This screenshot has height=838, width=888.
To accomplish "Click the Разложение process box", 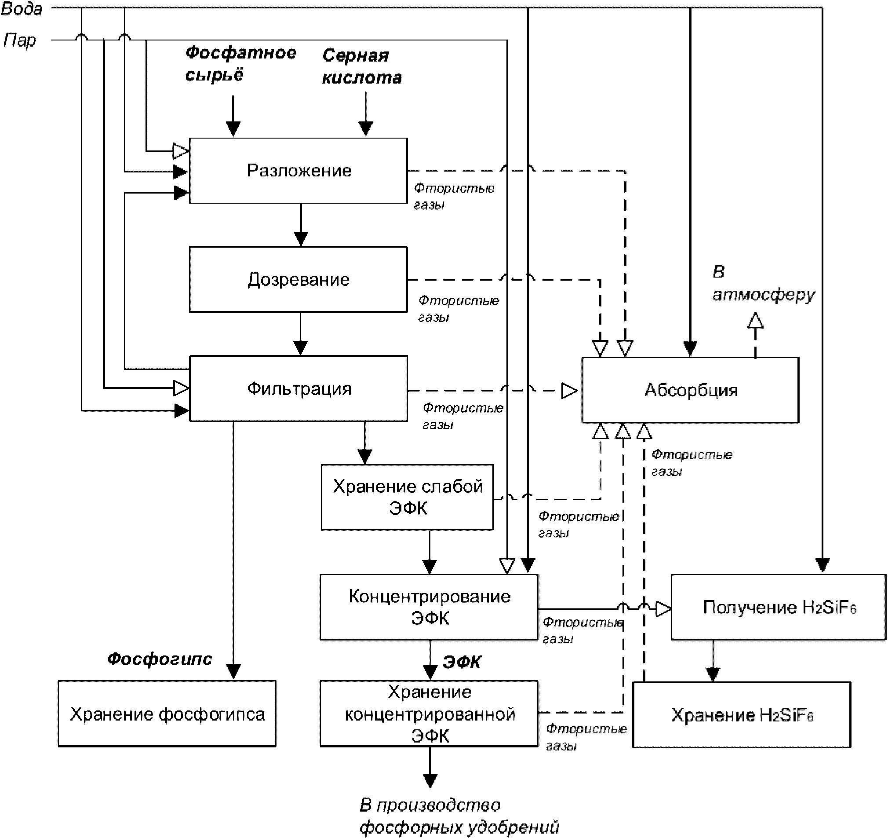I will click(x=298, y=170).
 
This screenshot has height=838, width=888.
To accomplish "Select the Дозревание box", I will click(x=298, y=279).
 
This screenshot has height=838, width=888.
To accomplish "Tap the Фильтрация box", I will click(x=298, y=388).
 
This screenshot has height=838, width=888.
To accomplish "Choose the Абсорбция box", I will click(x=690, y=390).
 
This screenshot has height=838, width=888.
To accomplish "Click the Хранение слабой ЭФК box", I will click(x=407, y=497).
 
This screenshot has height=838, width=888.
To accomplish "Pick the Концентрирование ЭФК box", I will click(x=429, y=607).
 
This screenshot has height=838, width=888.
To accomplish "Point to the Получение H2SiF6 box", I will click(x=779, y=607).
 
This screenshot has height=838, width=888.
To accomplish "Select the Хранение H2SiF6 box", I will click(x=742, y=715).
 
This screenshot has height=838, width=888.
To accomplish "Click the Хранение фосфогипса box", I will click(x=167, y=714).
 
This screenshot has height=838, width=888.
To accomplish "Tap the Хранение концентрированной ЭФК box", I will click(x=429, y=714).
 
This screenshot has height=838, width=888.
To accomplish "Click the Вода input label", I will click(x=22, y=9).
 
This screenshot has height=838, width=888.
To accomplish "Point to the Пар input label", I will click(x=20, y=40).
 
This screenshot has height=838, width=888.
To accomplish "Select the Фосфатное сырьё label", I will click(x=240, y=63).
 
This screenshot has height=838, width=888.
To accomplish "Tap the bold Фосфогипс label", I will click(x=160, y=659).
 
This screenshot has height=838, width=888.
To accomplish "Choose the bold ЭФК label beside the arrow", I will click(x=462, y=662).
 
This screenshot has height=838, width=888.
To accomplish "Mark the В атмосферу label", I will click(x=763, y=283).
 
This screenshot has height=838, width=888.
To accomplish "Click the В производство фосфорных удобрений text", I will click(x=459, y=816).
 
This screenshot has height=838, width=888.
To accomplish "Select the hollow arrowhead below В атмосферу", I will click(x=755, y=320).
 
